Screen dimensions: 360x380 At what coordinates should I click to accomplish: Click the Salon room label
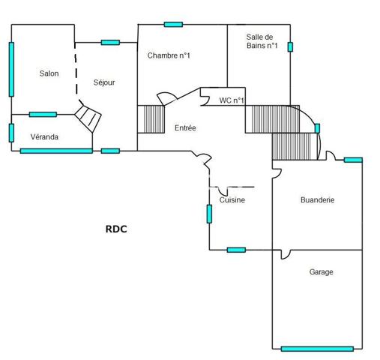pos(49,73)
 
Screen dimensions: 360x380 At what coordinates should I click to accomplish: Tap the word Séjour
pos(103,82)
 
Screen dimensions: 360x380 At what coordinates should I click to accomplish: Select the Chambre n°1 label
pos(169,55)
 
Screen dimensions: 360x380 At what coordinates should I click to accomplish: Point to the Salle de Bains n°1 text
pos(262,41)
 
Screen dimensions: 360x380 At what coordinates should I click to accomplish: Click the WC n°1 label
pos(232,100)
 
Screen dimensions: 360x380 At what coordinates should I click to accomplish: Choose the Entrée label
pos(185,128)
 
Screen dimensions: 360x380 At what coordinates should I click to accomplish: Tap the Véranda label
pos(45,137)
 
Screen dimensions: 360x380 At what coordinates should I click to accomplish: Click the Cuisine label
pos(232,200)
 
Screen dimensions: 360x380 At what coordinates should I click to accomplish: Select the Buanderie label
pos(317,200)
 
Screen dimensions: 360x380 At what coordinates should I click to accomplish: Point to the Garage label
pos(321,272)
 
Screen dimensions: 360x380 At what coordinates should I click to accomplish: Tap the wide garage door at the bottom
pos(316,348)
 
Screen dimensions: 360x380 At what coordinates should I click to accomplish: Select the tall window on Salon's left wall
pos(11,68)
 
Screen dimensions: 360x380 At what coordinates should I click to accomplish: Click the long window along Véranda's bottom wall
pos(56,151)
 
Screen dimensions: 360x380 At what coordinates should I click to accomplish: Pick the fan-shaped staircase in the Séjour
pos(89,118)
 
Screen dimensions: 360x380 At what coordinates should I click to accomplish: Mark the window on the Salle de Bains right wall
pos(290,46)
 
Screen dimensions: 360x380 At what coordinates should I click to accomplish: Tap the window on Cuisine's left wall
pos(209,214)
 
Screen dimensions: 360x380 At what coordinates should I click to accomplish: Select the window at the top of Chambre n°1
pos(173,25)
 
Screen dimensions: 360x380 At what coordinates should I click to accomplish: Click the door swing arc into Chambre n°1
pos(166,99)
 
